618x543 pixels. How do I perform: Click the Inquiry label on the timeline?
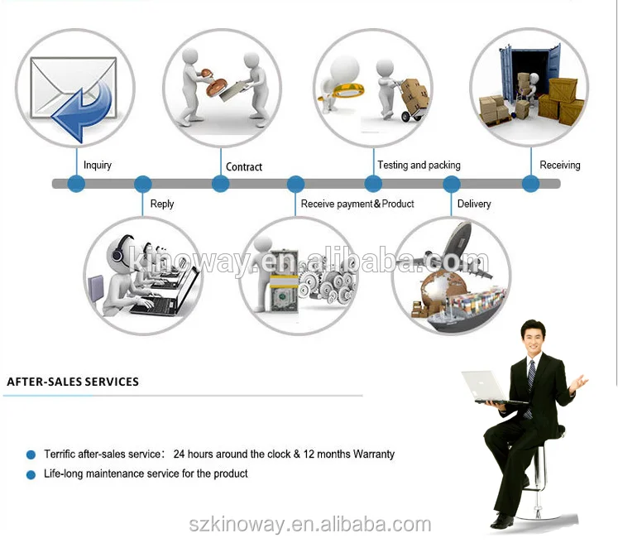pos(98,166)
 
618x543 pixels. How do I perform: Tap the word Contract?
pos(244,167)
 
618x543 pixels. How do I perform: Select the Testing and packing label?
pos(419,166)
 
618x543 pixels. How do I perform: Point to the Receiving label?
pos(560,166)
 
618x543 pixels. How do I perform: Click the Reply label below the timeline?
pos(162,204)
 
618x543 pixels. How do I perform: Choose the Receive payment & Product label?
pos(357,204)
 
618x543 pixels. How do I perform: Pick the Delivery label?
pos(474,204)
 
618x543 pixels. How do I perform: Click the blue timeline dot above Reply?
pos(143,184)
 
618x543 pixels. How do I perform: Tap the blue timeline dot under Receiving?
pos(530,184)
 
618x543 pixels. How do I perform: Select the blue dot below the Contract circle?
pos(220,184)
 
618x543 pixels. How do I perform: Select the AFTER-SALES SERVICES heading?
pos(73,382)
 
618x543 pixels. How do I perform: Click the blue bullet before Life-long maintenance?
pos(31,475)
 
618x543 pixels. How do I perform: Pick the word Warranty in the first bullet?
pos(374,454)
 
